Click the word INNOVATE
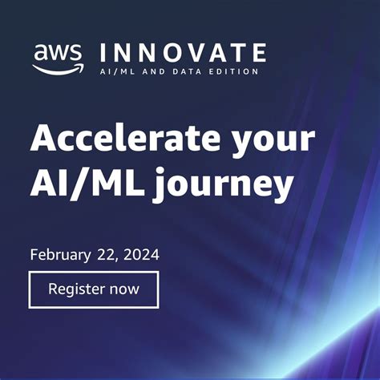tap(182, 54)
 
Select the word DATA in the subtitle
tap(180, 71)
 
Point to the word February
tap(61, 256)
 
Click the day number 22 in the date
tap(110, 255)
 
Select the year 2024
tap(141, 255)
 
